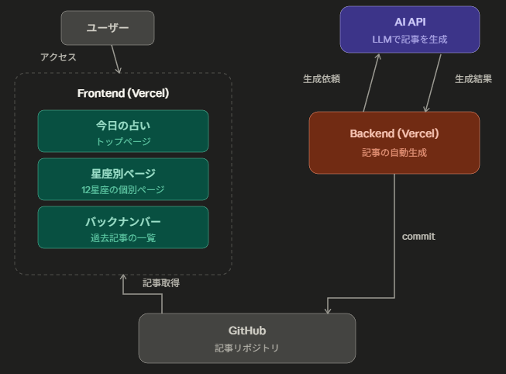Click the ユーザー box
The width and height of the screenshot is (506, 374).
tap(108, 28)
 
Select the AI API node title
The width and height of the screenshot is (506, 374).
tap(410, 22)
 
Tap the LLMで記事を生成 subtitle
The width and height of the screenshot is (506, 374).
tap(410, 39)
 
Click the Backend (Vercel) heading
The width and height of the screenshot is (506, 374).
tap(394, 133)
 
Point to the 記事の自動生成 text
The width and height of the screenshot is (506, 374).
tap(394, 153)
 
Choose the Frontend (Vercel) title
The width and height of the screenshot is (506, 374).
tap(123, 93)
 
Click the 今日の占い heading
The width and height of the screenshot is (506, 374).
tap(123, 125)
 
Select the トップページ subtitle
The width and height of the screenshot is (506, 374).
tap(123, 142)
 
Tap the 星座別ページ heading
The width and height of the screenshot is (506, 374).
tap(123, 173)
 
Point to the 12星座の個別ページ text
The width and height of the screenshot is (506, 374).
tap(123, 190)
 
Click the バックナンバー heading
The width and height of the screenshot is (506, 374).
tap(123, 221)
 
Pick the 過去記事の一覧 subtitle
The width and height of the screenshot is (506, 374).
tap(123, 238)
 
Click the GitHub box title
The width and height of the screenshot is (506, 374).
tap(247, 331)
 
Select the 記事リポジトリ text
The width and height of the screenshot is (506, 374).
tap(247, 348)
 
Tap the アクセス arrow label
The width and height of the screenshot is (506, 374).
tap(58, 57)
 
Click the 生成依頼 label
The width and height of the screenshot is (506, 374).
tap(322, 79)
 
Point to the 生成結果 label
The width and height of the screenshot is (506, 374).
tap(473, 79)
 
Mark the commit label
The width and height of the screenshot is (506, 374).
tap(418, 237)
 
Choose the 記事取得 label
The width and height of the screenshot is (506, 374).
tap(161, 283)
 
